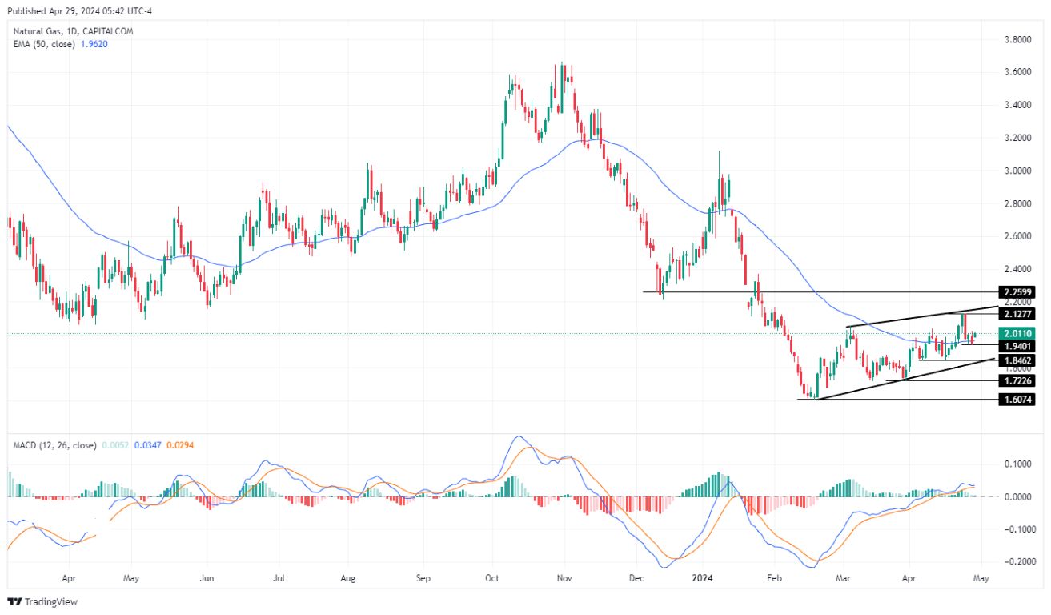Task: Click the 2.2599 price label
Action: (1017, 292)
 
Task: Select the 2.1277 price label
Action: (1017, 315)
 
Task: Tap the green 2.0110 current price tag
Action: (1017, 333)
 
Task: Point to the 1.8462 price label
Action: (1017, 361)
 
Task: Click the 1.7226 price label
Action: (1017, 381)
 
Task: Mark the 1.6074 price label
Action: (1017, 400)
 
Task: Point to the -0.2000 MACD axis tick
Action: (1014, 562)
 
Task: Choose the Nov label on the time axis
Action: (564, 577)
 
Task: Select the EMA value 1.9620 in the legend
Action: (93, 44)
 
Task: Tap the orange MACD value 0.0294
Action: (179, 445)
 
